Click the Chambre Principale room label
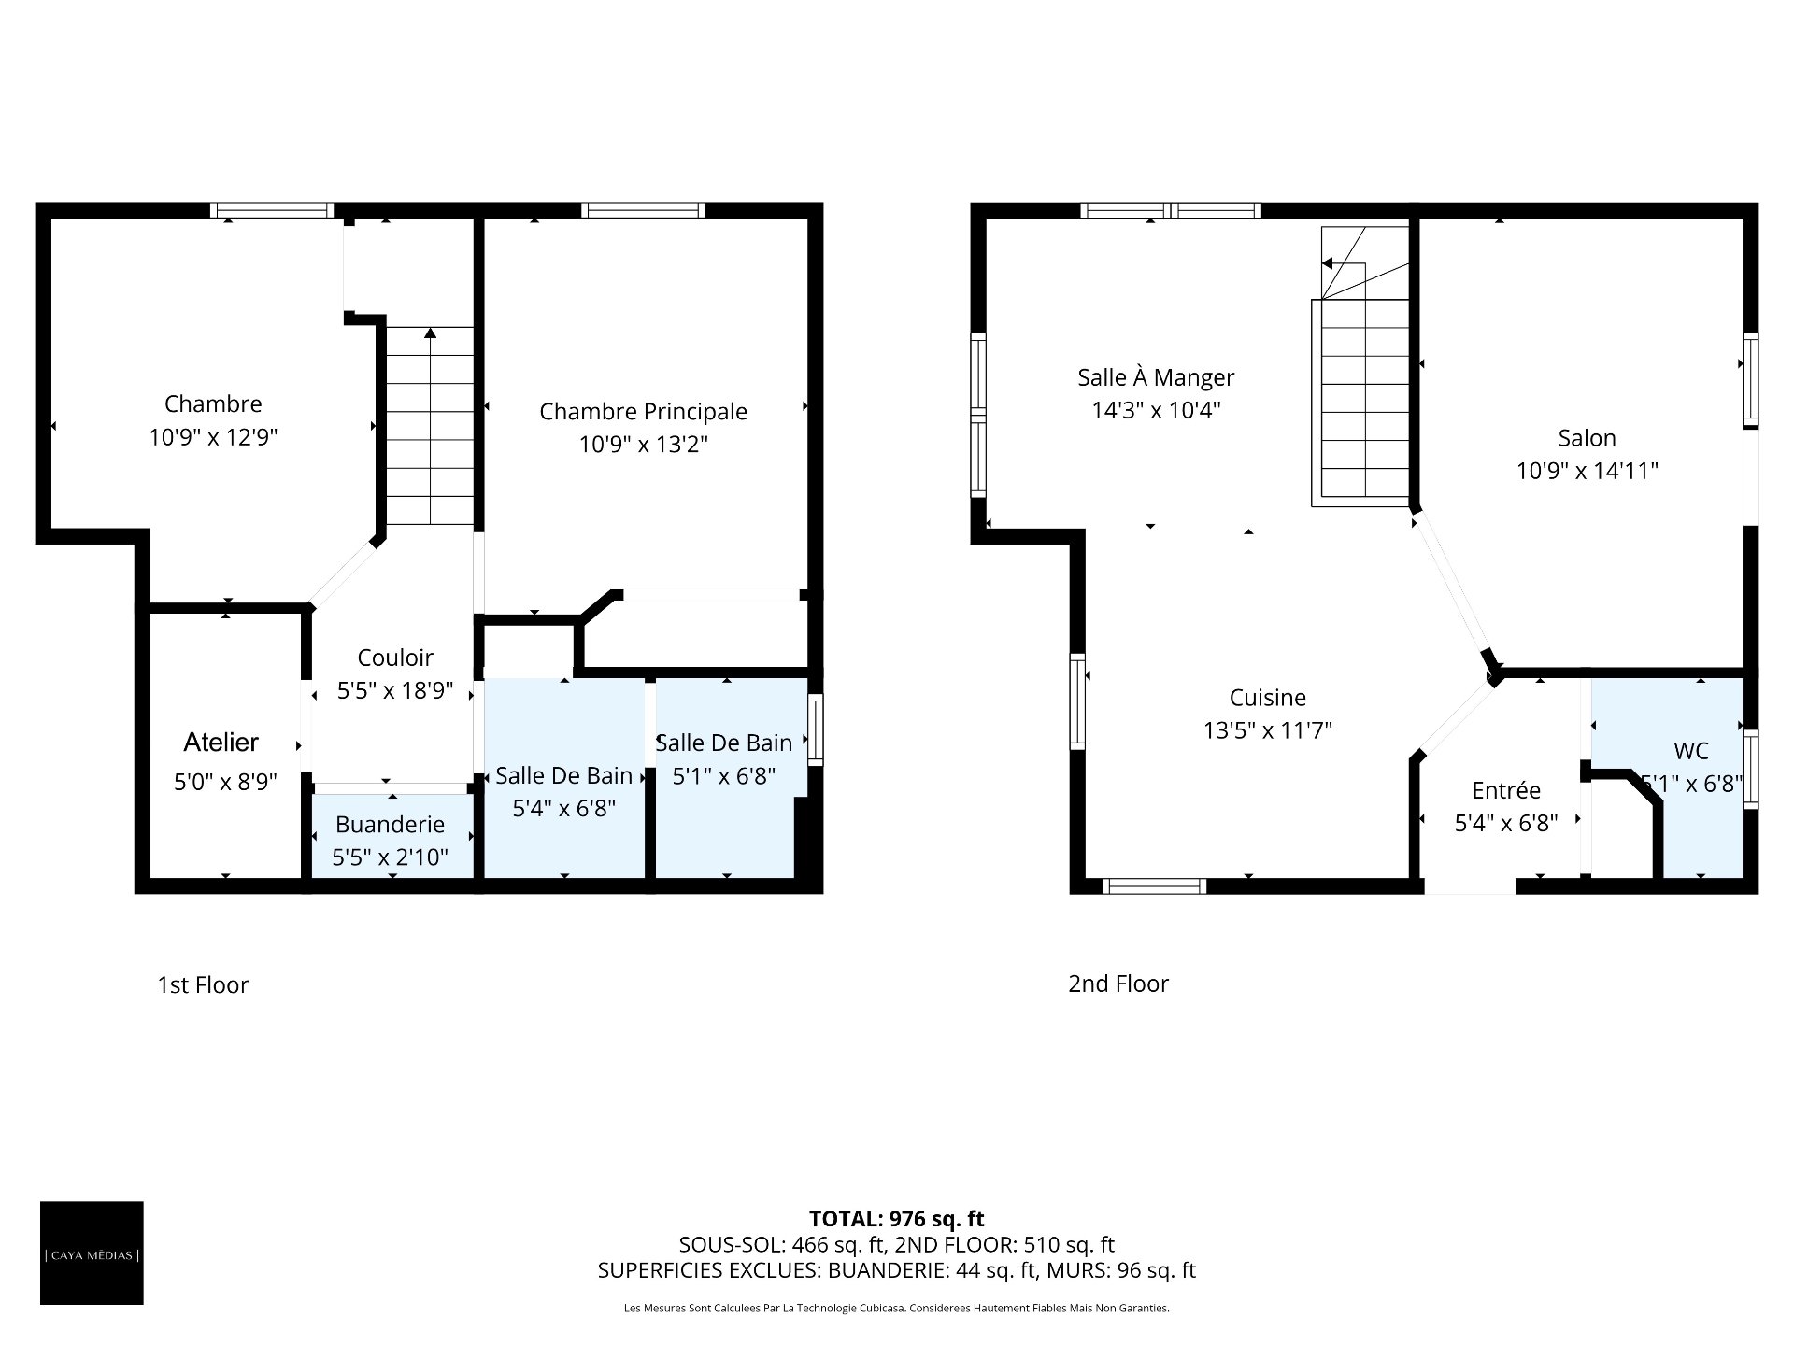coord(644,411)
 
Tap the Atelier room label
coord(221,743)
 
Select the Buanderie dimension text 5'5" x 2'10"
coord(391,857)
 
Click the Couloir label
coord(395,658)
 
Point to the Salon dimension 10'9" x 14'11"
coord(1587,471)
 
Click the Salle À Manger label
coord(1156,377)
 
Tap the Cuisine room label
coord(1268,698)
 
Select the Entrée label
coord(1506,791)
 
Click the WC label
coord(1691,751)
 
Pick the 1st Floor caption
coord(203,985)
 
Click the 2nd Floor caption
coord(1118,984)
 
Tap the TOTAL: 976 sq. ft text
coord(897,1219)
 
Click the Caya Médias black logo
coord(92,1253)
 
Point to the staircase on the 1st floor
coord(430,425)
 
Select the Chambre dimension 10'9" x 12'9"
coord(213,437)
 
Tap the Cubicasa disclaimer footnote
coord(897,1309)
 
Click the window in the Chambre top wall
coord(272,210)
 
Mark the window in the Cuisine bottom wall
coord(1155,886)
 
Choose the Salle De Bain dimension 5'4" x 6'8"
coord(564,809)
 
